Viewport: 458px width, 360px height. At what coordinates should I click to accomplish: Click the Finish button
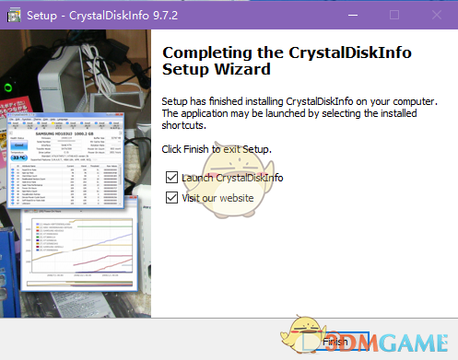click(x=335, y=342)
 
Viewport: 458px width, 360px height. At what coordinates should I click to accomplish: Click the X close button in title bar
click(x=437, y=15)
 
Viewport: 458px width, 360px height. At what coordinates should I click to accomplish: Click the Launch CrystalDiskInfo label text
click(x=232, y=178)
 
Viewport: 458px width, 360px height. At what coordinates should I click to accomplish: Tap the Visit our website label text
click(x=220, y=197)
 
